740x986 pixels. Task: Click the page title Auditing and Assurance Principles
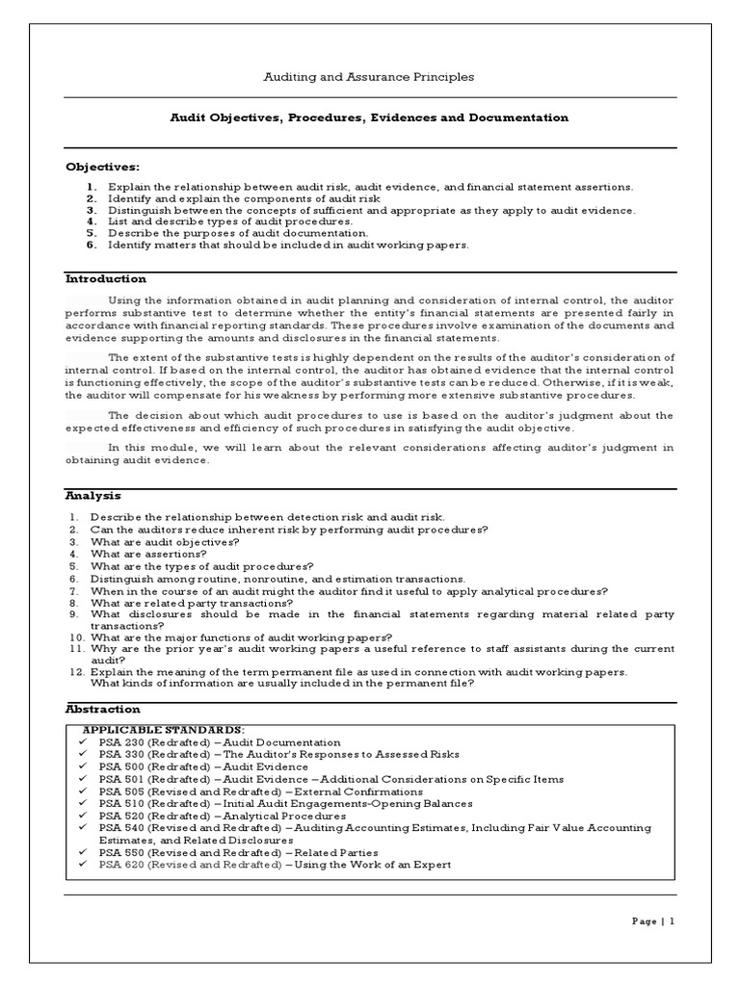point(369,76)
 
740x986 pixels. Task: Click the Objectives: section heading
point(102,167)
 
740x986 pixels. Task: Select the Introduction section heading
point(106,279)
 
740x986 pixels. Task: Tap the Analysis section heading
point(93,496)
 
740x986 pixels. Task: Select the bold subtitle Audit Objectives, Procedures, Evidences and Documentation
point(369,117)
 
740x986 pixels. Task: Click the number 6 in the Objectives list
point(91,245)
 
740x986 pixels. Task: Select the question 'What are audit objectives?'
point(165,542)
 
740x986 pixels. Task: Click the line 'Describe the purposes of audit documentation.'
point(238,233)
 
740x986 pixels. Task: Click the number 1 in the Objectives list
point(91,186)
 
